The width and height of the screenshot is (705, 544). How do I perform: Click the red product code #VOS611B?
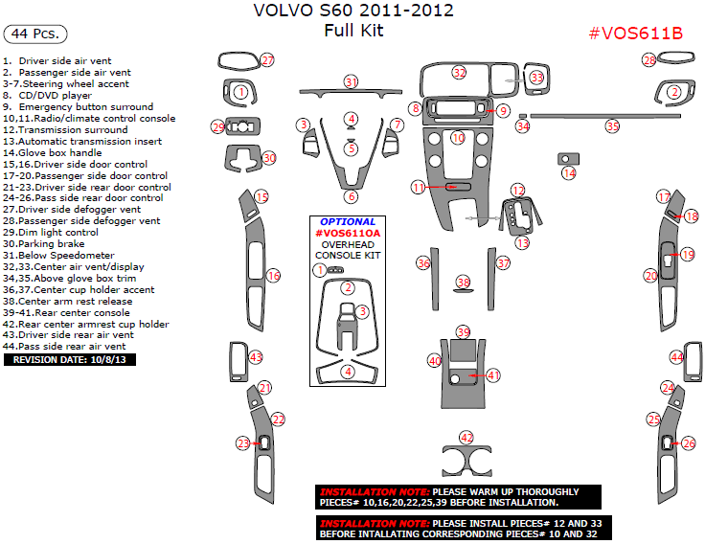[x=635, y=34]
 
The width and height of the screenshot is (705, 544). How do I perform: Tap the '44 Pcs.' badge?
[x=35, y=34]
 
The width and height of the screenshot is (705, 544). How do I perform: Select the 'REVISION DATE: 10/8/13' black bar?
[x=71, y=359]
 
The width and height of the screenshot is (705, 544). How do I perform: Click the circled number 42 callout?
[x=466, y=437]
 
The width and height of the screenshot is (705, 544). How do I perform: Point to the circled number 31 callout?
[x=352, y=81]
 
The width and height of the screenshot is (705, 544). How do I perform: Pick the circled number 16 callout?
[x=274, y=276]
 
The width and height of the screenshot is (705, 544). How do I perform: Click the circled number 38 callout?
[x=464, y=283]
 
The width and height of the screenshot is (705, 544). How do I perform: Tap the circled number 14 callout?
[x=569, y=173]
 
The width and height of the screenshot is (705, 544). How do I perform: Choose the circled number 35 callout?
[x=612, y=125]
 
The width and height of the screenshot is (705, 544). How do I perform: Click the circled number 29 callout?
[x=218, y=127]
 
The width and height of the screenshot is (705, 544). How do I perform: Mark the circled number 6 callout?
[x=352, y=196]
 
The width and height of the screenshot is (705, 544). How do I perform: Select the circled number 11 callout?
[x=418, y=188]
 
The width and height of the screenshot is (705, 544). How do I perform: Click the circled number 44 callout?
[x=676, y=357]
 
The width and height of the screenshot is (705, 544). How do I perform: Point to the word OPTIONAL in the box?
[x=348, y=221]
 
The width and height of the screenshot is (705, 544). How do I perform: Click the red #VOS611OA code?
[x=348, y=233]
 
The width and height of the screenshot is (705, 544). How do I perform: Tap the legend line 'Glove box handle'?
[x=57, y=152]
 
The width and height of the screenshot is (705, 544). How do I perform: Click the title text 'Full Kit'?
[x=353, y=31]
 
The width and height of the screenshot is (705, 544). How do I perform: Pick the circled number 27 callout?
[x=267, y=60]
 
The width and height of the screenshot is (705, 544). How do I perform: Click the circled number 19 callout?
[x=688, y=254]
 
